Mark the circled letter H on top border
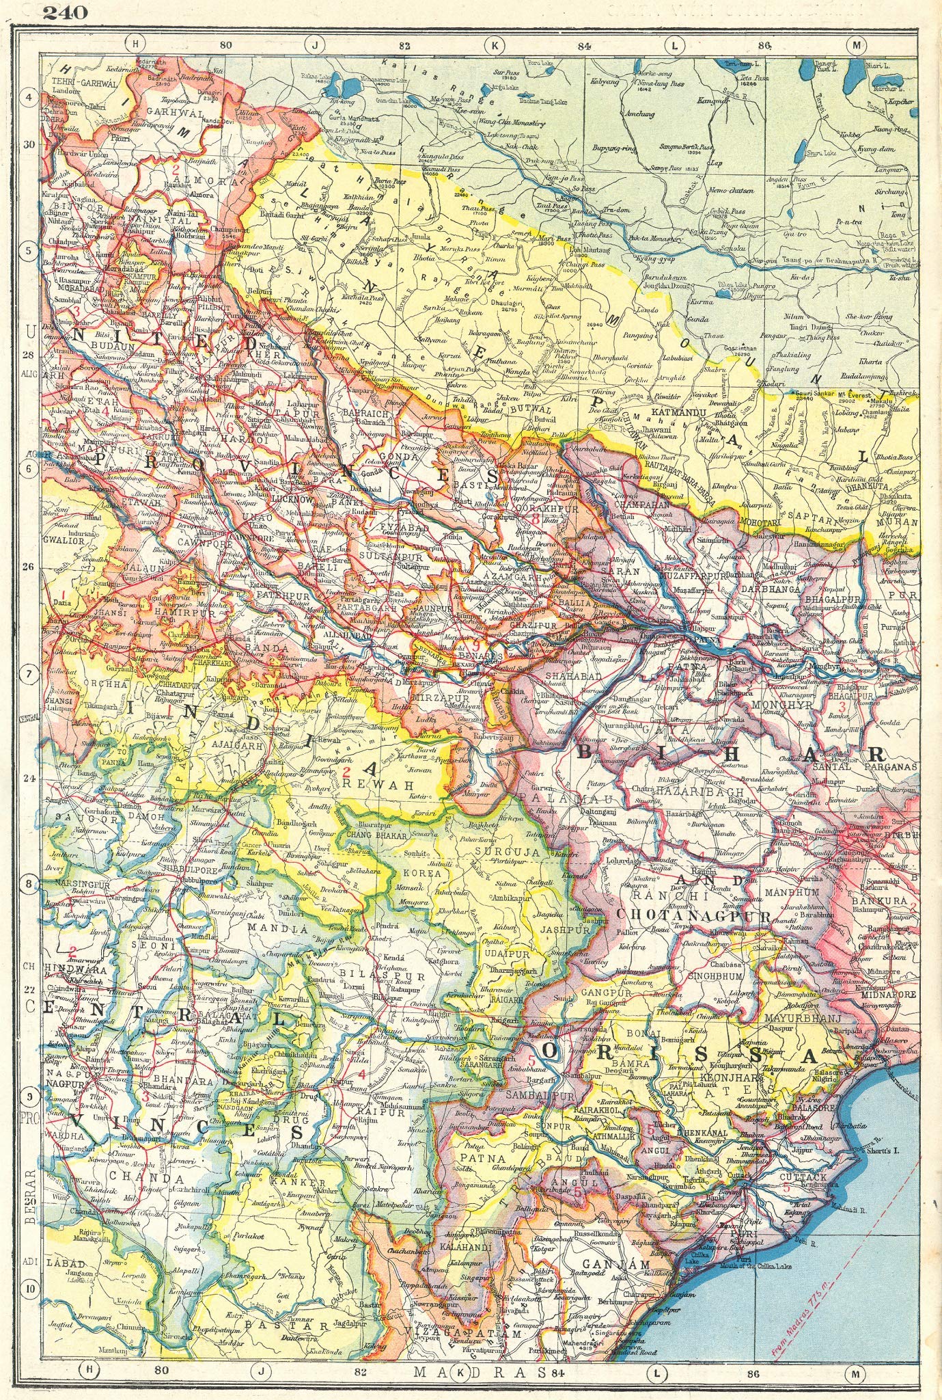coord(136,45)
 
